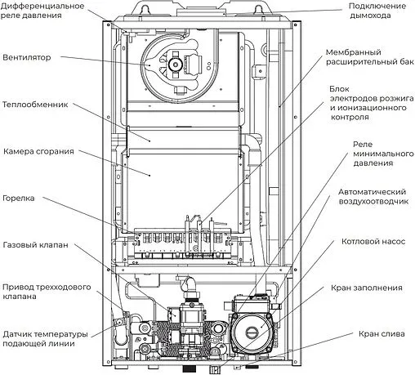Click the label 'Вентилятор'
[27, 58]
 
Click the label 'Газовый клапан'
[35, 244]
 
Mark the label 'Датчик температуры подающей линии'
[48, 338]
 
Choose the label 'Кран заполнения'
[367, 288]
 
